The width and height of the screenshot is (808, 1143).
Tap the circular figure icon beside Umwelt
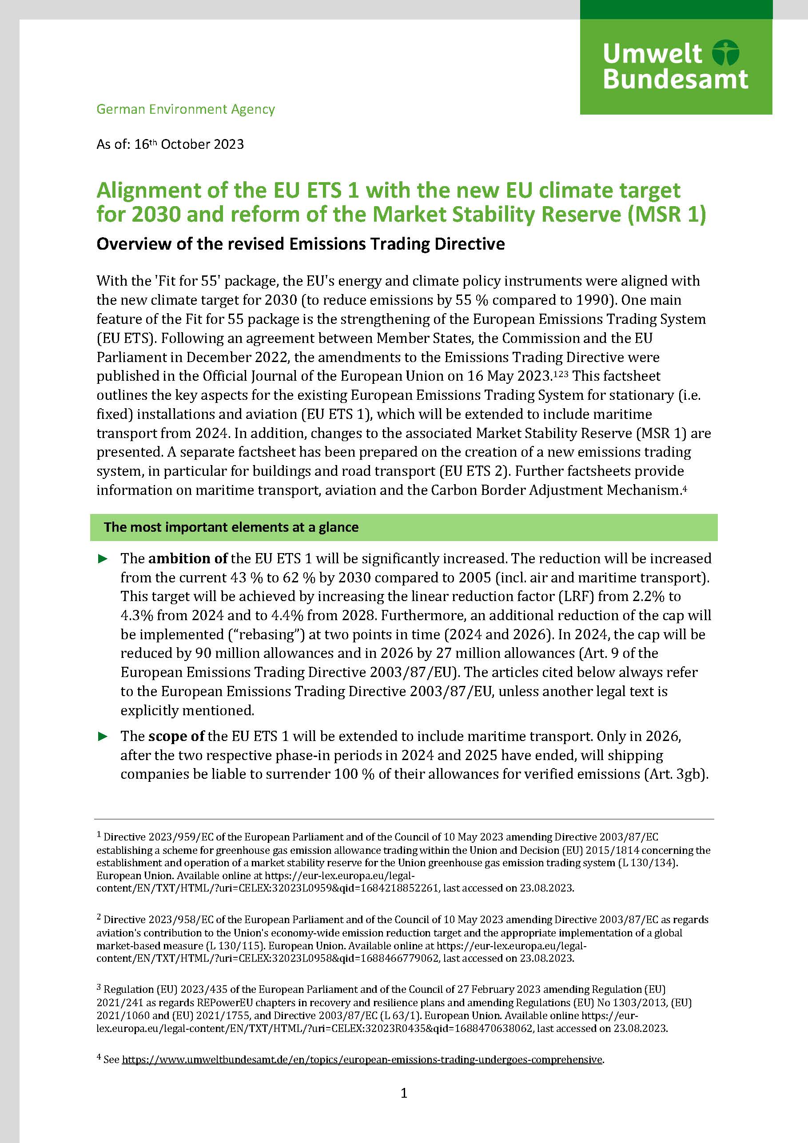click(725, 53)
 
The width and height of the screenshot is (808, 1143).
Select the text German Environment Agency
click(185, 109)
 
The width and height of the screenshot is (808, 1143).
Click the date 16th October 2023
click(189, 144)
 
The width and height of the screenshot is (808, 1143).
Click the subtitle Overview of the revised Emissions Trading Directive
click(300, 244)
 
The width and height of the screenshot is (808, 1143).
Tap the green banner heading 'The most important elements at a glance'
click(231, 527)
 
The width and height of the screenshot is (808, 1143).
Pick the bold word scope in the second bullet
click(170, 736)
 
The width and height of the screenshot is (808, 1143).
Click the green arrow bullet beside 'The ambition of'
click(103, 559)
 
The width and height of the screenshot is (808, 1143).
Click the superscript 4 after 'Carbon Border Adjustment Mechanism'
click(685, 488)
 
